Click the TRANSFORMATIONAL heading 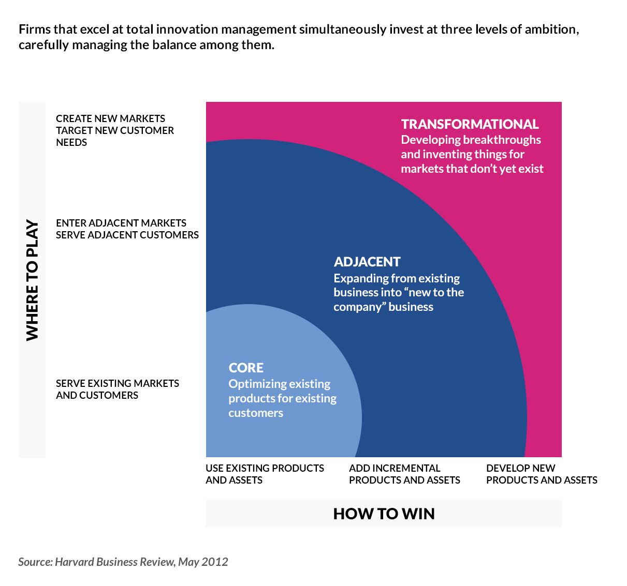[x=470, y=124]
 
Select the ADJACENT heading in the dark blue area [x=367, y=262]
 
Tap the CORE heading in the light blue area [x=246, y=368]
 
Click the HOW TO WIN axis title [x=384, y=514]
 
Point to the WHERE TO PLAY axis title [x=32, y=280]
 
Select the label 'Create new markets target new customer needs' [x=115, y=130]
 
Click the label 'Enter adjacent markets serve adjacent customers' [x=127, y=229]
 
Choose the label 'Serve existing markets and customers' [x=118, y=389]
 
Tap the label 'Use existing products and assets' [x=265, y=474]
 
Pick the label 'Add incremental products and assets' [x=404, y=474]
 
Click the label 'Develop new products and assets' [x=542, y=474]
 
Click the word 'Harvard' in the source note [x=74, y=562]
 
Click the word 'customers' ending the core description [x=256, y=413]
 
